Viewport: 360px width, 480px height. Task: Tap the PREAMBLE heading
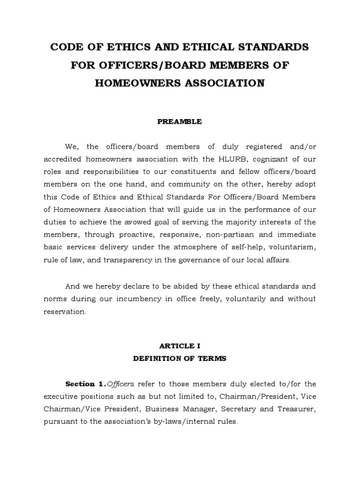[x=180, y=121]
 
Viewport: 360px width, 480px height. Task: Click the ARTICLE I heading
[x=180, y=346]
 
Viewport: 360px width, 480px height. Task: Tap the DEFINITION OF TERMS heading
[x=180, y=359]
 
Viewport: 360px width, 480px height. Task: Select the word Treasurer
[x=296, y=409]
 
